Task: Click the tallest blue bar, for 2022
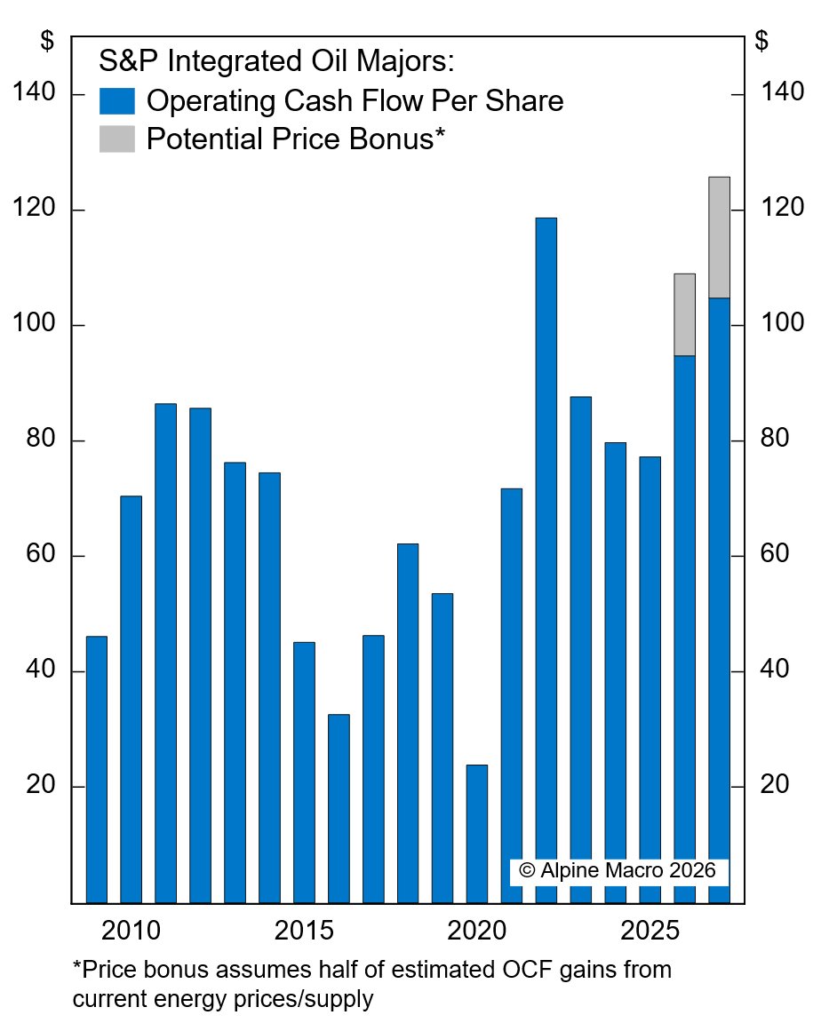[x=546, y=559]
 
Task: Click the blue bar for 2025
[x=650, y=679]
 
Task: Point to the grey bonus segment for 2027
[x=719, y=237]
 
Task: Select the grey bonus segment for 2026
[x=684, y=314]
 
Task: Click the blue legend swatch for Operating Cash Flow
[x=116, y=101]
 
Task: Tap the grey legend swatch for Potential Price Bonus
[x=116, y=139]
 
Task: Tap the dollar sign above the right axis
[x=761, y=41]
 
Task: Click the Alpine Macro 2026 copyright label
[x=618, y=870]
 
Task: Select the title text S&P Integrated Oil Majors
[x=276, y=61]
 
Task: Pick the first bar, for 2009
[x=96, y=769]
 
